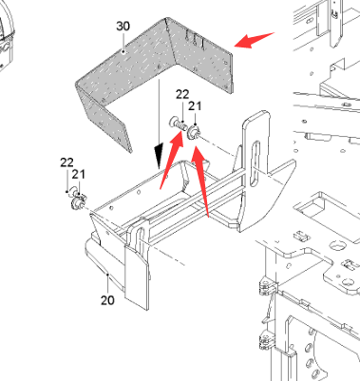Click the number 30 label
pos(123,26)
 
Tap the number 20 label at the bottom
pos(107,300)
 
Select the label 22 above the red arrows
pos(182,94)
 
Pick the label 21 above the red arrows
pos(195,106)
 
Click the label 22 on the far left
pos(66,162)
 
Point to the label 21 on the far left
pos(79,174)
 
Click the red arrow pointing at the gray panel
pos(255,40)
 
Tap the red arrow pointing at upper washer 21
pos(200,181)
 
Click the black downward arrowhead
pos(159,156)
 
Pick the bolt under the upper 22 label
pos(178,123)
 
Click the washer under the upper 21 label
pos(193,133)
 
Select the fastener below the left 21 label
pos(78,201)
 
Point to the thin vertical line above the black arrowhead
pos(159,111)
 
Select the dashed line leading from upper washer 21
pos(218,146)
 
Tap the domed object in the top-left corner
pos(6,35)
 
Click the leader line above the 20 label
pos(108,284)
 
